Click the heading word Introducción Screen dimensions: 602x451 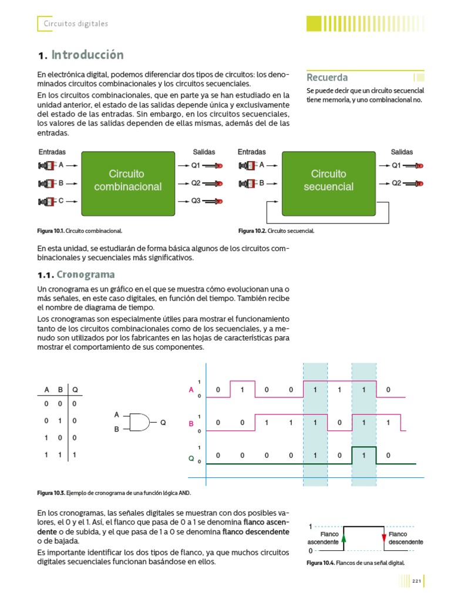pyautogui.click(x=87, y=55)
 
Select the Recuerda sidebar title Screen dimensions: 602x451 pyautogui.click(x=327, y=78)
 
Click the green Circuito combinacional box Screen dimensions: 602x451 pyautogui.click(x=128, y=180)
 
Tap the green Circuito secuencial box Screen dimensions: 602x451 pyautogui.click(x=329, y=180)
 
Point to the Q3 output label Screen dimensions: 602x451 pyautogui.click(x=196, y=201)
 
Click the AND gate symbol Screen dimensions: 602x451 pyautogui.click(x=138, y=422)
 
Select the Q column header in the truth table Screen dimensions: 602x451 pyautogui.click(x=75, y=390)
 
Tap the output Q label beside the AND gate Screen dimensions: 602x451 pyautogui.click(x=163, y=422)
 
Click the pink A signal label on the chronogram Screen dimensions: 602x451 pyautogui.click(x=191, y=389)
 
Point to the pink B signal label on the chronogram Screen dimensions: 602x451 pyautogui.click(x=191, y=423)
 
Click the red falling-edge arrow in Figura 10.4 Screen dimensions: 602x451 pyautogui.click(x=384, y=537)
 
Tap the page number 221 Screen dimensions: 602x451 pyautogui.click(x=416, y=581)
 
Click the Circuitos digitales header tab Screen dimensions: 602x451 pyautogui.click(x=76, y=24)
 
